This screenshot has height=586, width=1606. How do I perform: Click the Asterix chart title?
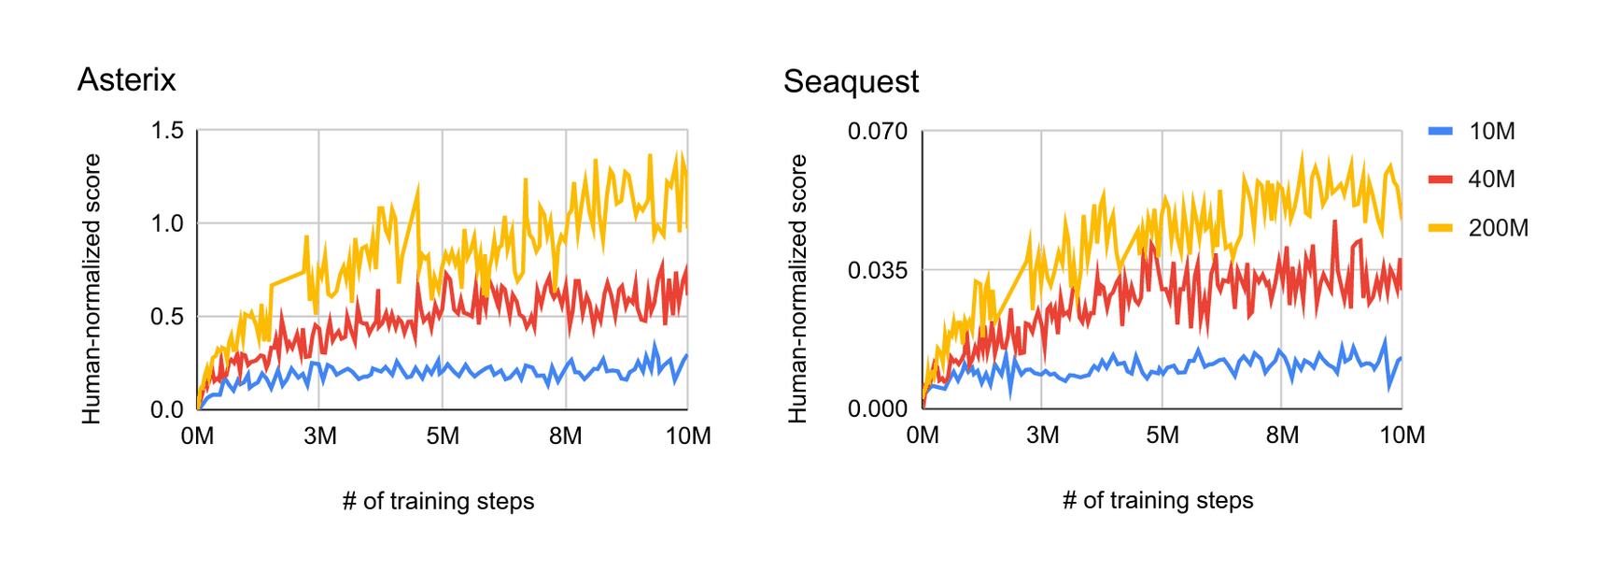pos(126,80)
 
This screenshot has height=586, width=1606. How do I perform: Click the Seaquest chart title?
pos(851,82)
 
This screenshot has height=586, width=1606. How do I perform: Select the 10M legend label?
pos(1491,132)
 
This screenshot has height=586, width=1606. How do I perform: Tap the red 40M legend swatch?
pos(1441,179)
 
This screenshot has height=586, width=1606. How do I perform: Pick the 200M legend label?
pos(1498,228)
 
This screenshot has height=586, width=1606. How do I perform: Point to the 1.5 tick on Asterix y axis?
pos(167,131)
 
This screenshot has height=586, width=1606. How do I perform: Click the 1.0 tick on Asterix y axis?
pos(167,223)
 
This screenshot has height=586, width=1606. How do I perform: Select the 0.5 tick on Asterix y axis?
pos(167,317)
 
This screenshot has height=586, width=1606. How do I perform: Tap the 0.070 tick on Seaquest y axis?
pos(877,132)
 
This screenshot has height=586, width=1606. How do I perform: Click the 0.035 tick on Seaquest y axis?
pos(877,271)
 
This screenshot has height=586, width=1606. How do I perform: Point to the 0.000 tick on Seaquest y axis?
pos(877,409)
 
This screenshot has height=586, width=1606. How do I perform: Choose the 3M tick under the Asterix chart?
pos(319,436)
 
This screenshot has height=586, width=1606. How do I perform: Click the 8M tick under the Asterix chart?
pos(565,436)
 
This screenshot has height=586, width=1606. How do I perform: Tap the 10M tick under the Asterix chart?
pos(688,436)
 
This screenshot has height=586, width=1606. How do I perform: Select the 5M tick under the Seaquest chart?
pos(1162,436)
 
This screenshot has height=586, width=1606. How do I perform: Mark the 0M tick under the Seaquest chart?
pos(923,436)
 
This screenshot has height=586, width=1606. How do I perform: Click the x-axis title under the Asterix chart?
pos(438,502)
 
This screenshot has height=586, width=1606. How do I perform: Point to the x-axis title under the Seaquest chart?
pos(1158,501)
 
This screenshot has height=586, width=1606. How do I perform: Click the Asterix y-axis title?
pos(92,290)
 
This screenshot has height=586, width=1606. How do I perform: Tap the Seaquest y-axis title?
pos(797,290)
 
